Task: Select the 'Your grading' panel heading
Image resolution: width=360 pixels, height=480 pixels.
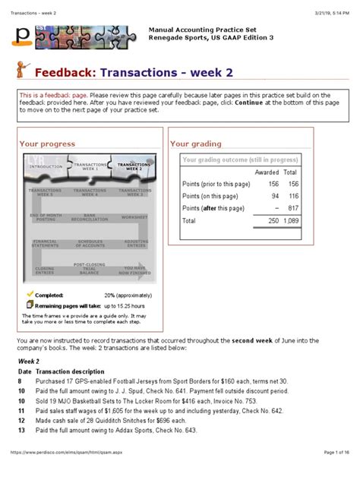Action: pyautogui.click(x=195, y=144)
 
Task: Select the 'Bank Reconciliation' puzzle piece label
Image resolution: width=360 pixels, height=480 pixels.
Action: pyautogui.click(x=89, y=217)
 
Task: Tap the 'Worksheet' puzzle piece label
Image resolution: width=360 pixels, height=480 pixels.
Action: pyautogui.click(x=134, y=217)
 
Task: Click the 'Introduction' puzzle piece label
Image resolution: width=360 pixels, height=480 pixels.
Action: pyautogui.click(x=46, y=166)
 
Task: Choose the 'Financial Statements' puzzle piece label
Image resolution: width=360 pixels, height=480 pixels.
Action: pyautogui.click(x=45, y=244)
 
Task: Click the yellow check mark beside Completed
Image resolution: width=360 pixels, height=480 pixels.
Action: pyautogui.click(x=30, y=292)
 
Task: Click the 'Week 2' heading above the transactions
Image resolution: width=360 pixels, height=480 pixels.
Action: pyautogui.click(x=29, y=362)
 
